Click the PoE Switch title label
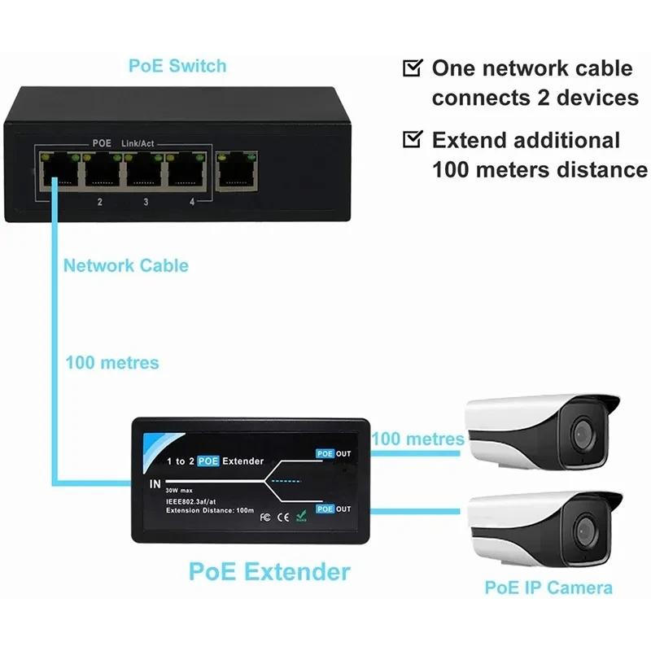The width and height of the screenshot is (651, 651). pyautogui.click(x=177, y=66)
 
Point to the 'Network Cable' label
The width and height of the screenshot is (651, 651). pyautogui.click(x=125, y=265)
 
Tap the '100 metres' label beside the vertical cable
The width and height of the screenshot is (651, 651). pyautogui.click(x=112, y=361)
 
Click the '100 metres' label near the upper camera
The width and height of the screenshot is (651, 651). pyautogui.click(x=418, y=439)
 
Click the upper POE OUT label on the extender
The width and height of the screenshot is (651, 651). pyautogui.click(x=333, y=453)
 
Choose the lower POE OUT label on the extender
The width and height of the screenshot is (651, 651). pyautogui.click(x=333, y=509)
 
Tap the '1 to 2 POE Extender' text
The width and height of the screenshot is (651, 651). pyautogui.click(x=215, y=461)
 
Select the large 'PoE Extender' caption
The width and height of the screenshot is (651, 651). pyautogui.click(x=269, y=570)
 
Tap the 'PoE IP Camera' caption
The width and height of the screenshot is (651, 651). pyautogui.click(x=548, y=588)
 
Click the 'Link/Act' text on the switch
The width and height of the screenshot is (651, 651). pyautogui.click(x=138, y=143)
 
